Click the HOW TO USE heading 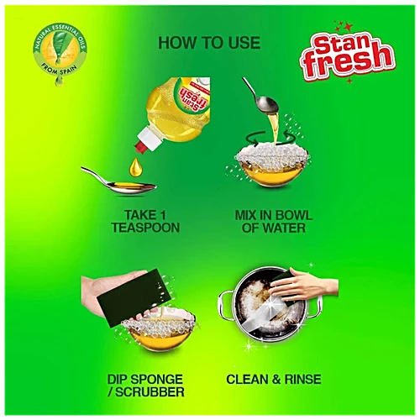209,43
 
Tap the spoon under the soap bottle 118,177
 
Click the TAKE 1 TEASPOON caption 145,220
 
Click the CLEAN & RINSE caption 274,379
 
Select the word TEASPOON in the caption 145,227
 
